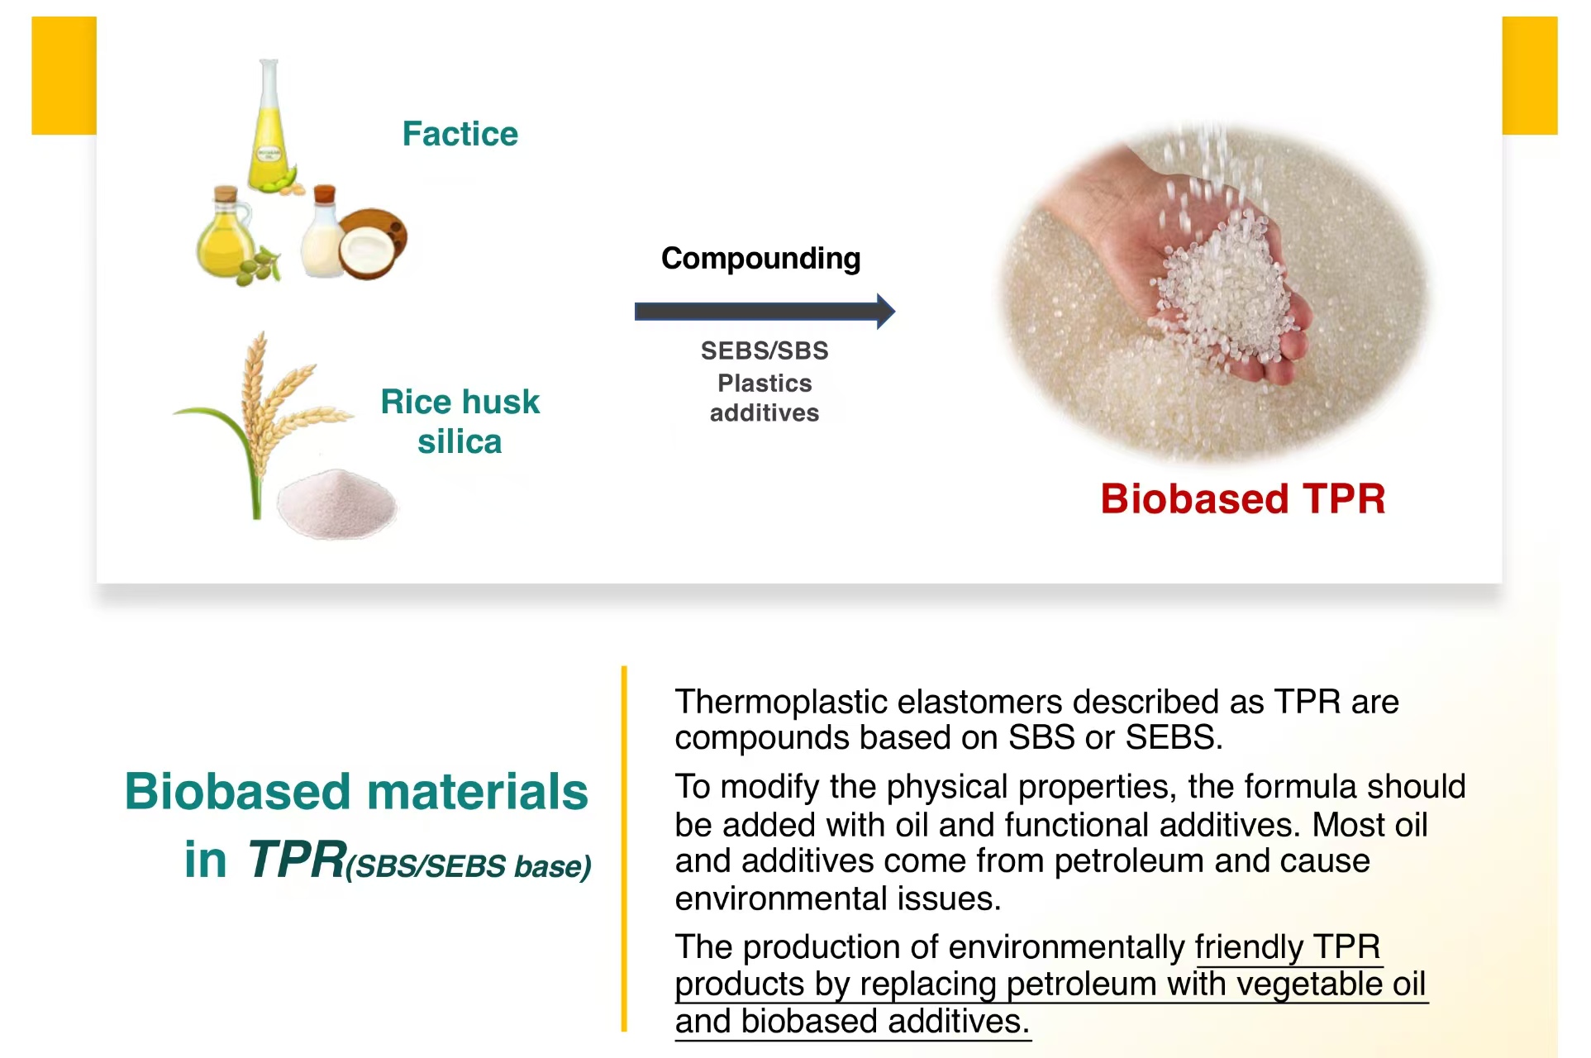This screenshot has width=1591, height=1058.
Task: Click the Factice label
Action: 460,134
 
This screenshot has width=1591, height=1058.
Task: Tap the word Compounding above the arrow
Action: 761,259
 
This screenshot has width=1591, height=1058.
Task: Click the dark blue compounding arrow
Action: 765,312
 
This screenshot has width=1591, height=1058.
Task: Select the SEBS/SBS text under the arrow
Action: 765,350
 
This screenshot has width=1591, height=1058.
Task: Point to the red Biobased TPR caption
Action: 1243,498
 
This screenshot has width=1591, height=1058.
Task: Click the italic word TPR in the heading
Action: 296,859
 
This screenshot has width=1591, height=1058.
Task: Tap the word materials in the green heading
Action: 478,791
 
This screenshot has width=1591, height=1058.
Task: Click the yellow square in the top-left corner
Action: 64,75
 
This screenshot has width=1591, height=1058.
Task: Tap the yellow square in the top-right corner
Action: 1530,75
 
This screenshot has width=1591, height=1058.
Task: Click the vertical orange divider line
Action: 624,849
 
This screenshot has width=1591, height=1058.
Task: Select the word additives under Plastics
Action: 765,412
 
